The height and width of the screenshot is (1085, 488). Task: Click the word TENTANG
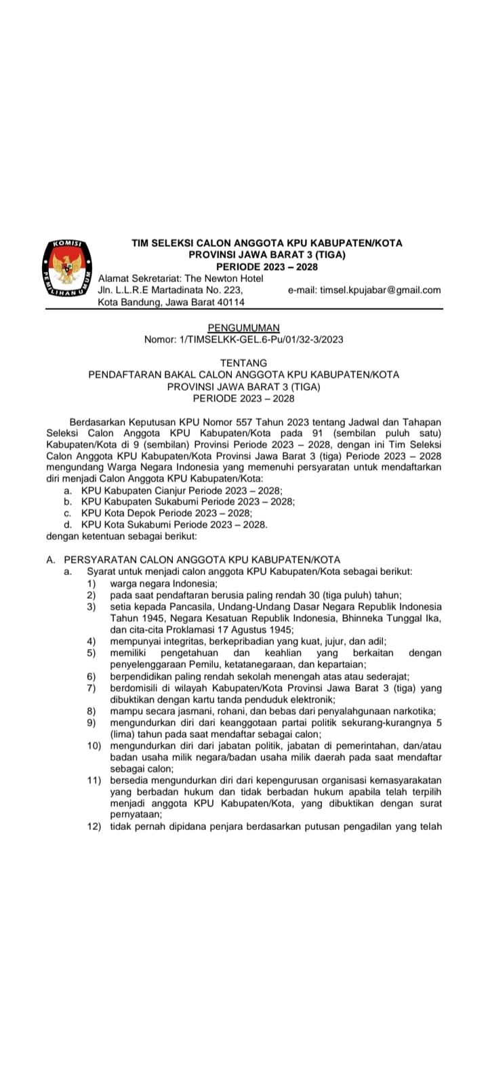click(243, 363)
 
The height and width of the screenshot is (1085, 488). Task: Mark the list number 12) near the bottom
click(94, 826)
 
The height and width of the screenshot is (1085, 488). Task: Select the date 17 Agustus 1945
click(237, 629)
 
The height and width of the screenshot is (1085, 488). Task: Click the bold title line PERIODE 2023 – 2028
click(266, 267)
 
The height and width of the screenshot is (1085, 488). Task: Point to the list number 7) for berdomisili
click(91, 688)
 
